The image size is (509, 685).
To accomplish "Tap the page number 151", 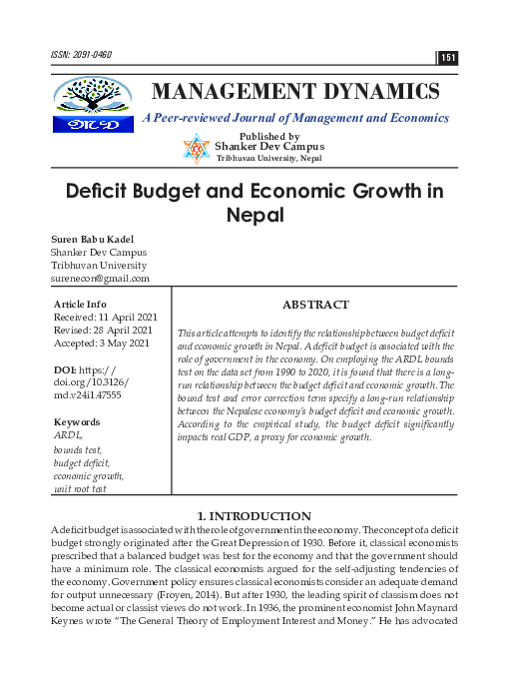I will (448, 58).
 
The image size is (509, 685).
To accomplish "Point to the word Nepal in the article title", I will (254, 215).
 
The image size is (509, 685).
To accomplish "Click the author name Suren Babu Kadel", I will (92, 239).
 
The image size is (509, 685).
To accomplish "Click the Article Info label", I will (79, 303).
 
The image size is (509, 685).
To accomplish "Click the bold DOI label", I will (66, 370).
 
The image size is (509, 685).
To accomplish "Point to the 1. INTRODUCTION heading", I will (254, 515).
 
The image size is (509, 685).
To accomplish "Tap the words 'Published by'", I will (269, 136).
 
